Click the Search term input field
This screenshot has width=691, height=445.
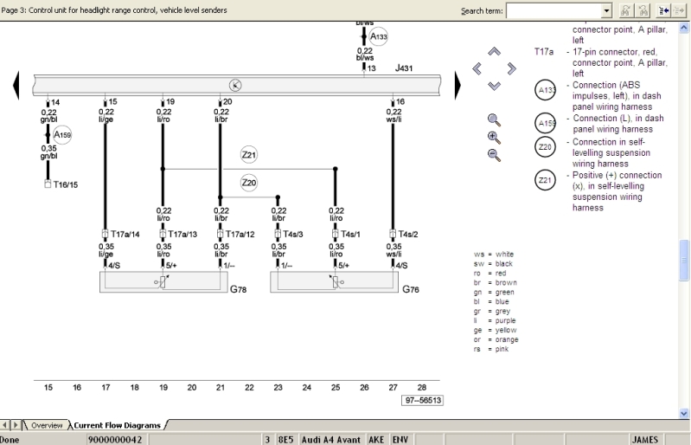558,10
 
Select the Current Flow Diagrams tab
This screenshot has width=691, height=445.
118,425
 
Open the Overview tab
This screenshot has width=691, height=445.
47,425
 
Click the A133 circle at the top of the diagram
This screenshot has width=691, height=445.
378,36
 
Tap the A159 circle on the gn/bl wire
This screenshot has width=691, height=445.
62,135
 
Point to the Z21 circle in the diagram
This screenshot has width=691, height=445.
249,155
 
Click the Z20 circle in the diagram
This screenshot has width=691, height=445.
249,183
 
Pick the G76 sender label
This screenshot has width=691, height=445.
411,288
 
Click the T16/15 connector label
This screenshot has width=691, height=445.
64,184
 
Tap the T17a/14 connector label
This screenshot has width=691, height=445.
123,234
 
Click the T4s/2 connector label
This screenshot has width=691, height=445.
408,234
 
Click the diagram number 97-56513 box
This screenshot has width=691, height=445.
422,400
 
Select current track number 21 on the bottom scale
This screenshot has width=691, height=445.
221,388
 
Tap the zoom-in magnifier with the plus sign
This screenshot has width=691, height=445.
494,137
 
